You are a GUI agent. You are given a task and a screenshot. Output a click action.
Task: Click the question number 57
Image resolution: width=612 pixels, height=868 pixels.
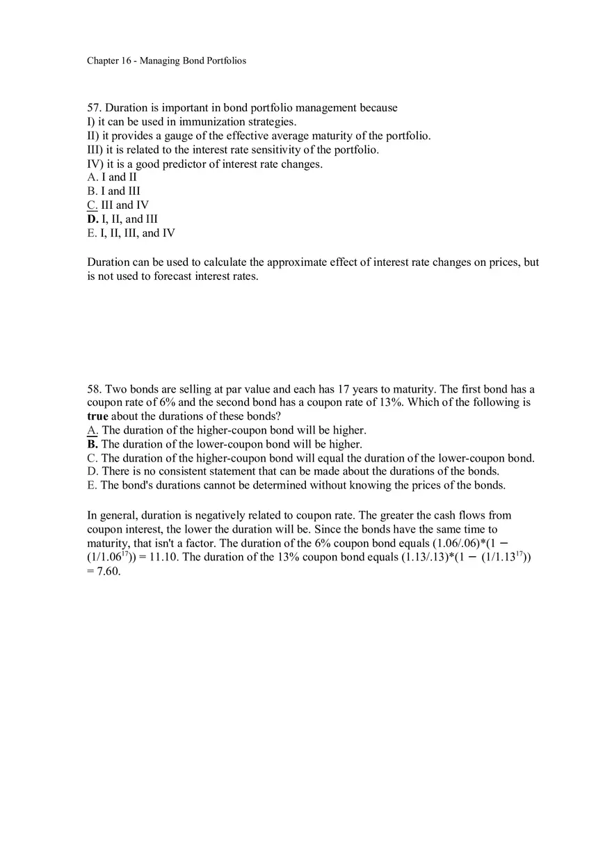pyautogui.click(x=94, y=108)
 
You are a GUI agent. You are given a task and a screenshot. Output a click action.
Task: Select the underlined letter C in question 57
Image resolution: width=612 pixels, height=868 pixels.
pyautogui.click(x=92, y=205)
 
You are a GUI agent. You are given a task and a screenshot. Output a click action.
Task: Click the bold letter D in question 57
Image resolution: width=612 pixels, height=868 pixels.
pyautogui.click(x=92, y=219)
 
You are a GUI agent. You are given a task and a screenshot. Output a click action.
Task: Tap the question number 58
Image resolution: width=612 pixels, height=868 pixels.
pyautogui.click(x=94, y=389)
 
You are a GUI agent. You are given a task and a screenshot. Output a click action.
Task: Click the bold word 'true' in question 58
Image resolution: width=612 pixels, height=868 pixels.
pyautogui.click(x=97, y=416)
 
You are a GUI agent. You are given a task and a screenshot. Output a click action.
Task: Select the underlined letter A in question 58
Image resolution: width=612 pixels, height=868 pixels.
pyautogui.click(x=92, y=430)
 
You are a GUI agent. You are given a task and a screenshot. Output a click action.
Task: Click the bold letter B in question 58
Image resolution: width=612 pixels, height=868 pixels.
pyautogui.click(x=92, y=444)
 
